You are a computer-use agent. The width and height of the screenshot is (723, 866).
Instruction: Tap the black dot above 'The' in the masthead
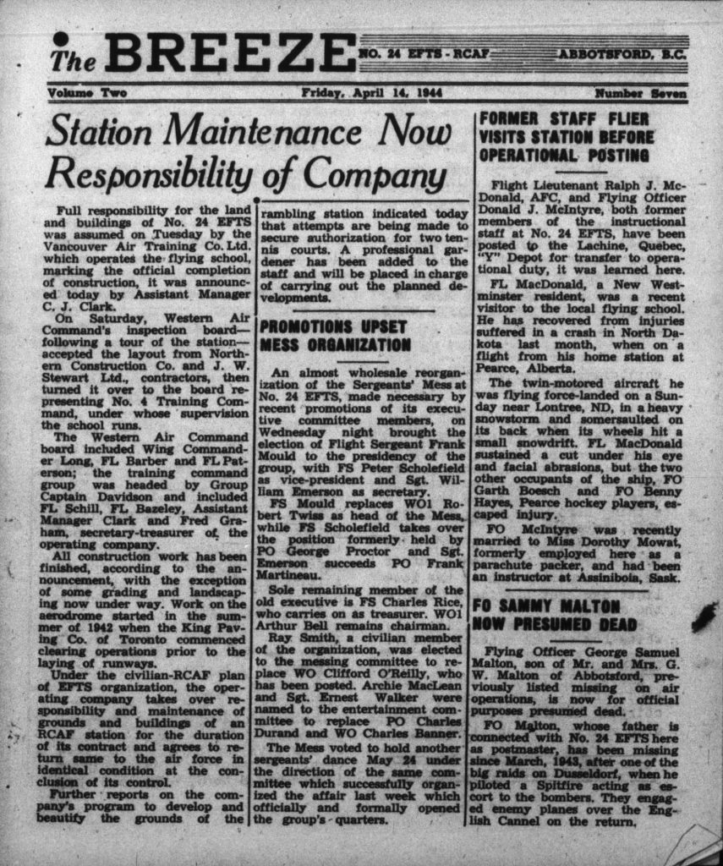tap(60, 39)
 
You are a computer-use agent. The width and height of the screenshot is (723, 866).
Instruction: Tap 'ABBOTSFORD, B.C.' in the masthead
tap(621, 55)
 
